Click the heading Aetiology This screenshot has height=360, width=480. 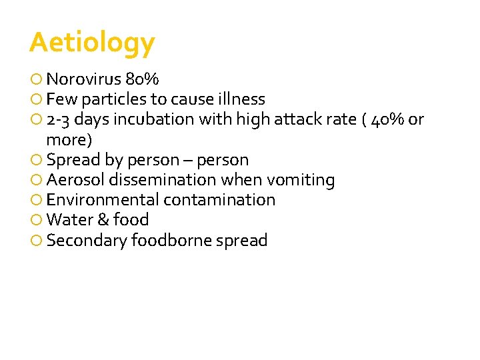coord(92,43)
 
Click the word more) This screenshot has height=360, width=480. coord(69,140)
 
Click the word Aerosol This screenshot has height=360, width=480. coord(75,180)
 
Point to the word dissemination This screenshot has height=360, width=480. coord(163,180)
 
